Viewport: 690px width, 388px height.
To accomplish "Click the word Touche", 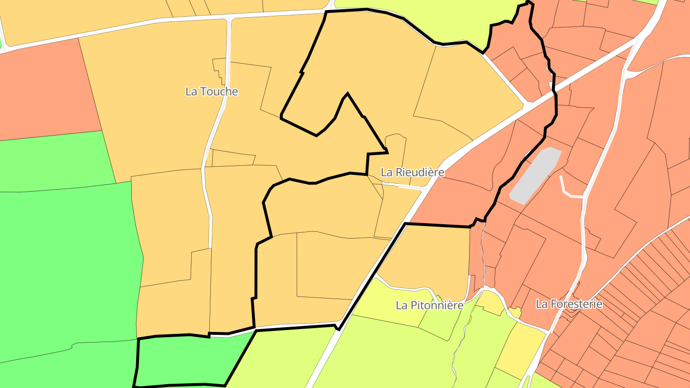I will coord(219,91).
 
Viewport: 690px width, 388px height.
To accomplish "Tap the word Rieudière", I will coord(419,172).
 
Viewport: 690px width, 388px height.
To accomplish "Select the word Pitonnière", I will coord(437,305).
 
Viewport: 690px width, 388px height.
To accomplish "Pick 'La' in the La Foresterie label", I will coord(541,304).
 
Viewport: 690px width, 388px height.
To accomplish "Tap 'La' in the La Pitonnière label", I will coord(402,305).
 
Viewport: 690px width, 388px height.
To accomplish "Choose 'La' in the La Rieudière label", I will coord(387,172).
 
